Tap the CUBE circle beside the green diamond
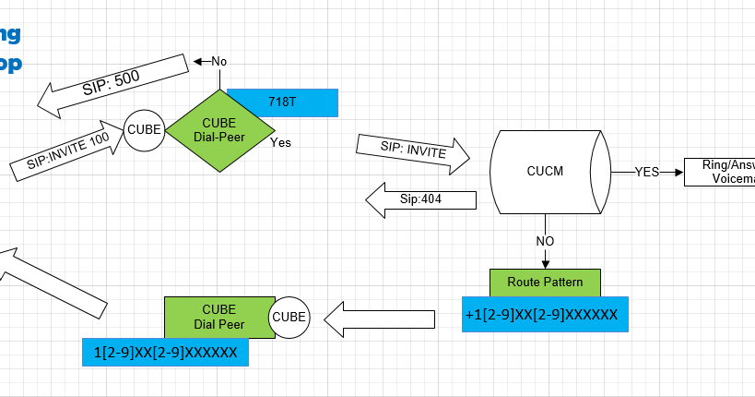(144, 130)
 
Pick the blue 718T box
(282, 102)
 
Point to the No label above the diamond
(218, 61)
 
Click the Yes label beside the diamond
(280, 143)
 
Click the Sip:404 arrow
(421, 198)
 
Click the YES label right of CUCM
(647, 172)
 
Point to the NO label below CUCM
(546, 241)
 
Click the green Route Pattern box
(545, 282)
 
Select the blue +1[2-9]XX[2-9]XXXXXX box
(544, 315)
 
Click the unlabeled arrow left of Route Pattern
(382, 319)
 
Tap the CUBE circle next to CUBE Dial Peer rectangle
(289, 318)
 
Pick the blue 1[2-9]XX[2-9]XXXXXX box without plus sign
(165, 352)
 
